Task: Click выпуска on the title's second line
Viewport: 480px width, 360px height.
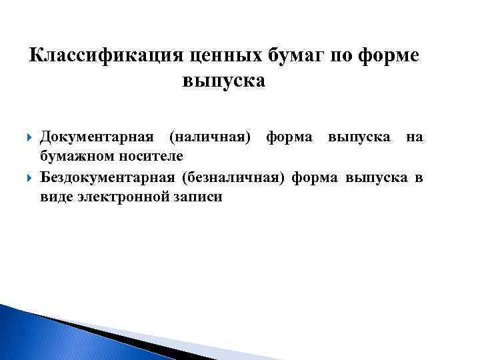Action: (223, 81)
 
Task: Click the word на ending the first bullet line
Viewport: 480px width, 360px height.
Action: (414, 137)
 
